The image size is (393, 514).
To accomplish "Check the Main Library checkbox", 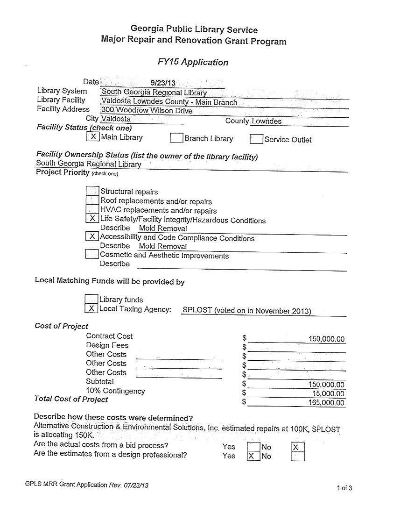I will click(93, 137).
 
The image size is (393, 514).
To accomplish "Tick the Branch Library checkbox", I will click(176, 138).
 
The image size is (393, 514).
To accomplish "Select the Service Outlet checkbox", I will click(256, 139).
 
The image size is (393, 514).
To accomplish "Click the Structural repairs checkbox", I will click(93, 191).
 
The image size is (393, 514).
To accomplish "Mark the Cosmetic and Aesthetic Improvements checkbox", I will click(92, 255).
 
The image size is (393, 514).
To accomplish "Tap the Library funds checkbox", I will click(91, 299).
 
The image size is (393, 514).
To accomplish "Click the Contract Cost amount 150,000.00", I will click(326, 339).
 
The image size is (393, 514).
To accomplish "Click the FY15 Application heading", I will click(193, 62).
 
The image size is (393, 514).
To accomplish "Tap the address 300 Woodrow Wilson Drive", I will click(147, 111).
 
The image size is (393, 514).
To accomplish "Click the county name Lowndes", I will click(267, 121).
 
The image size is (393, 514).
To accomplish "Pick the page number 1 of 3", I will click(344, 488).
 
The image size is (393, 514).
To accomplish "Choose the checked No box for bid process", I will click(297, 448).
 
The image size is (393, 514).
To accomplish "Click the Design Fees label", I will click(107, 345).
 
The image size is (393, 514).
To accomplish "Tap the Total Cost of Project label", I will click(71, 399).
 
